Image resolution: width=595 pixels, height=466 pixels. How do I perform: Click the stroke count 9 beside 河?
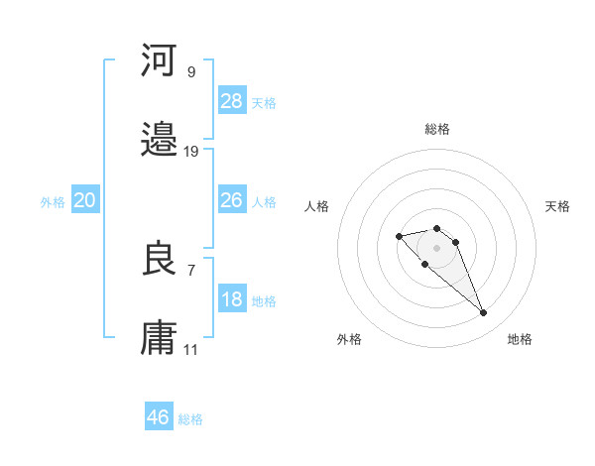click(x=190, y=71)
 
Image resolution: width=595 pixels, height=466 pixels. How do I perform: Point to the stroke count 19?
click(x=191, y=152)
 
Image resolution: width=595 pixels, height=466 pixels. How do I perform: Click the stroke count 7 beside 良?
click(x=190, y=269)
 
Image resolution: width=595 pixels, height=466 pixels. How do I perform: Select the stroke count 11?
click(x=191, y=349)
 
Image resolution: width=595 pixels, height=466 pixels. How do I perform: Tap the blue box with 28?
click(x=232, y=101)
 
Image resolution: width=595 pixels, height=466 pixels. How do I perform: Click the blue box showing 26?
click(x=232, y=200)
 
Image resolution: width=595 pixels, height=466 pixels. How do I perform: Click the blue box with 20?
click(x=85, y=200)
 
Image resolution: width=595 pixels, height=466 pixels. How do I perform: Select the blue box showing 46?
click(x=159, y=417)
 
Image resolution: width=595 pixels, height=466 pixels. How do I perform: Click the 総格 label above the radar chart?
click(x=437, y=129)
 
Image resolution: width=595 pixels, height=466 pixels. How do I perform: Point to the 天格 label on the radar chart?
click(x=557, y=206)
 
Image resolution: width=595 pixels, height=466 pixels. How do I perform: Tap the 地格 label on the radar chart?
click(x=520, y=339)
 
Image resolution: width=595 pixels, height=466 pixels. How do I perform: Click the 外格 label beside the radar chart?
click(x=349, y=339)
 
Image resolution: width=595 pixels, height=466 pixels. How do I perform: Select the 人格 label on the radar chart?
click(x=317, y=206)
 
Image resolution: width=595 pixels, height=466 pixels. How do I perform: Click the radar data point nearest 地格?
click(x=483, y=313)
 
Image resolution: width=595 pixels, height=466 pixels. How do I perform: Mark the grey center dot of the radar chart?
click(x=436, y=248)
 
